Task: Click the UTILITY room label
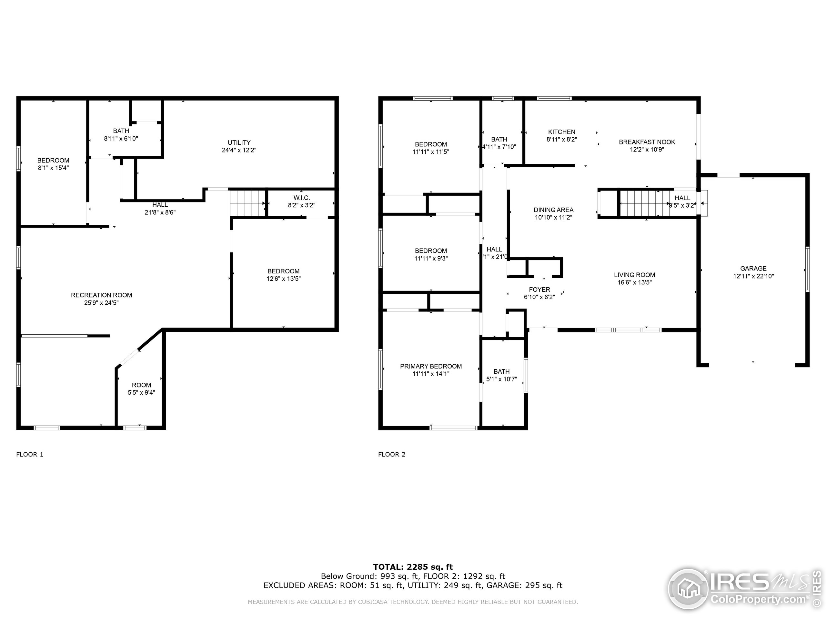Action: tap(239, 142)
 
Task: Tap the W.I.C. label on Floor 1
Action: tap(301, 198)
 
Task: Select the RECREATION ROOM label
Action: tap(101, 295)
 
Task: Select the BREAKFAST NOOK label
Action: tap(647, 142)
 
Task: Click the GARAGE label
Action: tap(753, 269)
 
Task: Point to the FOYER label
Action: tap(539, 290)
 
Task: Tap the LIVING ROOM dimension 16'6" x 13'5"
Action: tap(634, 282)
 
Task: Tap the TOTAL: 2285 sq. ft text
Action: tap(413, 567)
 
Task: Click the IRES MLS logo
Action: tap(743, 590)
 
